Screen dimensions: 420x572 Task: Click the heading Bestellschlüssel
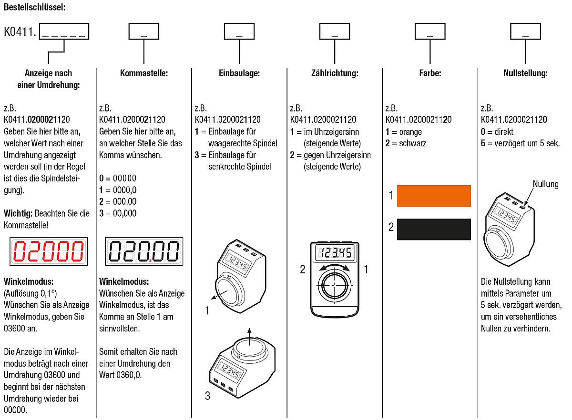tap(35, 7)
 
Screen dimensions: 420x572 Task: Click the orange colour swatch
tap(433, 196)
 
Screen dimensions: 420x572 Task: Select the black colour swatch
tap(433, 229)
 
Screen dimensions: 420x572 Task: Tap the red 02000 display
tap(49, 252)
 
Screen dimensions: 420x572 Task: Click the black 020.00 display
tap(144, 252)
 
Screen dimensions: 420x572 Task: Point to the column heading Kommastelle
tap(144, 73)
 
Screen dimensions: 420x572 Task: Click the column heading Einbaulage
tap(239, 73)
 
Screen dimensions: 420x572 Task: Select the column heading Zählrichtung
tap(335, 73)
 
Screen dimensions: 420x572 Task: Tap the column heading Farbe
tap(430, 73)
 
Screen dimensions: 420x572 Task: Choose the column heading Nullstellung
tap(525, 73)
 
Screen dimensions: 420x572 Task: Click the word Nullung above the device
tap(545, 184)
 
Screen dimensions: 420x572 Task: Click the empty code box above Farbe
tap(430, 32)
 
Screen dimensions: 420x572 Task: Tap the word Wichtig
tap(18, 213)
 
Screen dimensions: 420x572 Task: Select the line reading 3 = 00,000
tap(118, 213)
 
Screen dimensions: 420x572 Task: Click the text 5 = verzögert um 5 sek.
tap(520, 143)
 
